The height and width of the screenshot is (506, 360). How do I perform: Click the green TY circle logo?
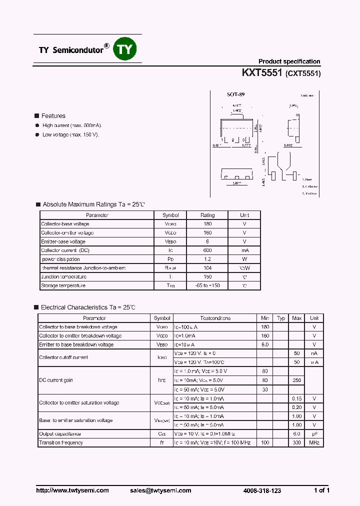click(124, 49)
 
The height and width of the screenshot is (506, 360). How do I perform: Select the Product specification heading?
click(289, 61)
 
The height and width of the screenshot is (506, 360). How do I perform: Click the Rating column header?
click(207, 215)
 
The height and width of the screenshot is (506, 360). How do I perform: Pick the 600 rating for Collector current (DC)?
click(207, 250)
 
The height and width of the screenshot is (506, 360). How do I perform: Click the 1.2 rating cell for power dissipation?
click(207, 259)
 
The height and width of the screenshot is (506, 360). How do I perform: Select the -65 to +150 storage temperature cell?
click(207, 285)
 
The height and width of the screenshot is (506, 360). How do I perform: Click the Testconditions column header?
click(215, 318)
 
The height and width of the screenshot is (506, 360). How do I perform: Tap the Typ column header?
click(281, 318)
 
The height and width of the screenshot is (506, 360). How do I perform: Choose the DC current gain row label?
click(56, 380)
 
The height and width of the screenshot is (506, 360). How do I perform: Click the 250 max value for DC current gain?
click(297, 380)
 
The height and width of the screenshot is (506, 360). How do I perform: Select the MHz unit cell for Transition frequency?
click(314, 442)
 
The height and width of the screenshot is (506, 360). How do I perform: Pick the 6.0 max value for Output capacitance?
click(297, 433)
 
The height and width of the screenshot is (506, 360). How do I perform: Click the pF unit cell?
click(314, 433)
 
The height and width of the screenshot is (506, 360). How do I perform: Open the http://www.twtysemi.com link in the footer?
click(72, 490)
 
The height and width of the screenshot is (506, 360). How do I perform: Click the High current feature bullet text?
click(72, 125)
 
